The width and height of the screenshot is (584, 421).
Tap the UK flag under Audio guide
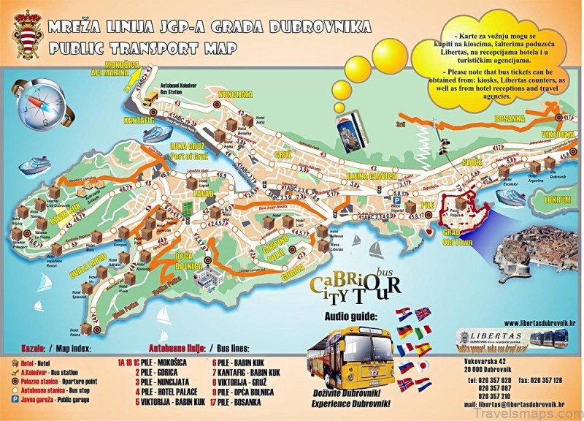[422, 314]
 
